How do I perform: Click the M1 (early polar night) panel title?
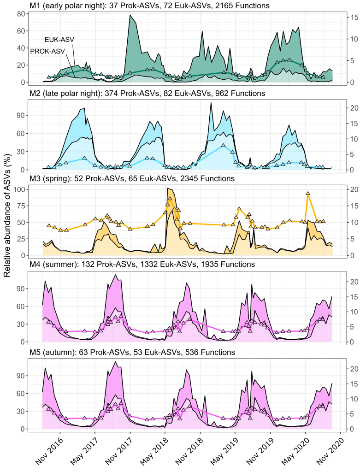point(150,6)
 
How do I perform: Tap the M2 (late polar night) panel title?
point(147,93)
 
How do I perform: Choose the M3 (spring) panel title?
point(132,178)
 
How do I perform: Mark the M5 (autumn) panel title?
point(132,352)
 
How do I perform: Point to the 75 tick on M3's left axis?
point(20,206)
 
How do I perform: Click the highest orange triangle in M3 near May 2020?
point(307,194)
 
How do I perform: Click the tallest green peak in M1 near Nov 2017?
point(130,16)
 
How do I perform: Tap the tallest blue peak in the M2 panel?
point(211,103)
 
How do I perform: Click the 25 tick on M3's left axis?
point(20,239)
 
